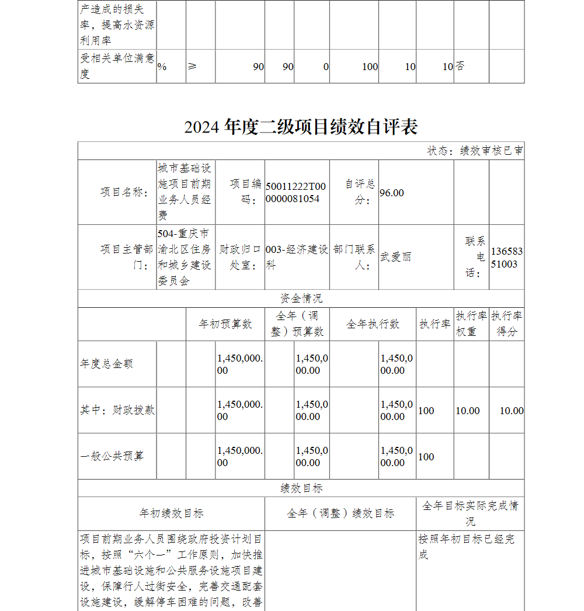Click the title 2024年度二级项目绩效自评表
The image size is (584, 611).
[x=301, y=127]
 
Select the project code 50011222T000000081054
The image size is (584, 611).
[x=296, y=192]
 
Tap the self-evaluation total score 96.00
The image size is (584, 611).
[x=392, y=193]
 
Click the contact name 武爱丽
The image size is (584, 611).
[x=396, y=257]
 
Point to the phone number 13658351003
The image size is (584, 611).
[x=506, y=258]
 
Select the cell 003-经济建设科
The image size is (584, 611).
[x=297, y=257]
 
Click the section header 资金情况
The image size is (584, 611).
[x=301, y=298]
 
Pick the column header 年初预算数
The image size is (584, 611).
[x=225, y=324]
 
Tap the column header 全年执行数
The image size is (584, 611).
[x=373, y=324]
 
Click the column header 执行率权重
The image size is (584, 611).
[x=471, y=324]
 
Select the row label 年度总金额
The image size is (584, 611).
[x=106, y=364]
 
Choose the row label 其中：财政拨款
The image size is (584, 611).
[x=117, y=410]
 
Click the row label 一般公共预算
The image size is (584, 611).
[x=112, y=456]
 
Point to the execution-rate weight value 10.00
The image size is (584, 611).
[x=467, y=411]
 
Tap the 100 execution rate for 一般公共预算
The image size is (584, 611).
[x=426, y=457]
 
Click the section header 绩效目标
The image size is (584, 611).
[x=301, y=488]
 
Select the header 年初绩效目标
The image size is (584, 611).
[x=171, y=513]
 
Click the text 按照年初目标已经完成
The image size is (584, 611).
[x=466, y=546]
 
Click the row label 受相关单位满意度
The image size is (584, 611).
[x=117, y=66]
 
